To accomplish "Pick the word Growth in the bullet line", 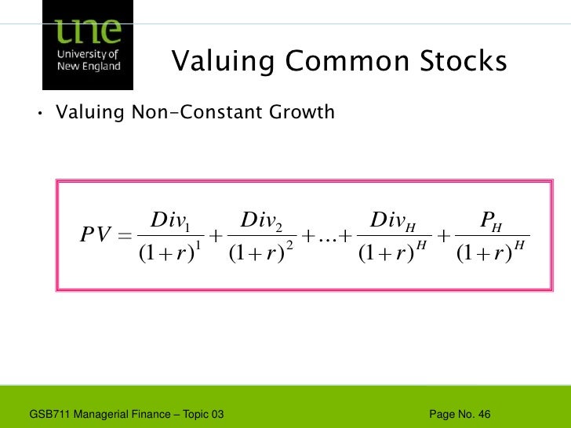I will pyautogui.click(x=301, y=114).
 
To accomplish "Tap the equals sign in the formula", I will pyautogui.click(x=124, y=235).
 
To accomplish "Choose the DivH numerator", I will pyautogui.click(x=392, y=220).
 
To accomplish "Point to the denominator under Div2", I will pyautogui.click(x=261, y=253).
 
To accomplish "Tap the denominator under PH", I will pyautogui.click(x=493, y=253).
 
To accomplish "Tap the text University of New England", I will pyautogui.click(x=89, y=60).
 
